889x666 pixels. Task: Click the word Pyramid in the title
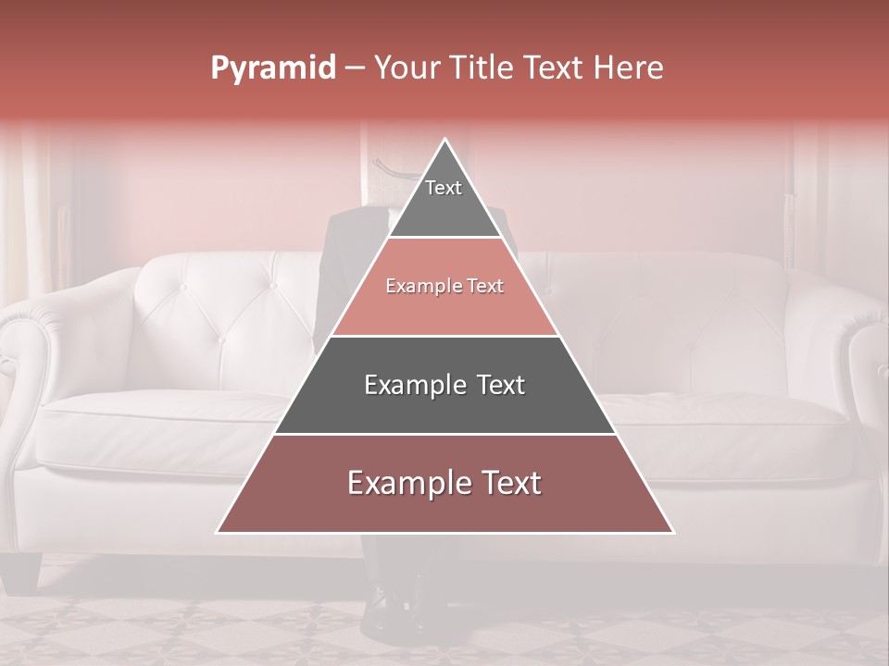(272, 68)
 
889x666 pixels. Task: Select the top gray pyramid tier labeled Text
(444, 199)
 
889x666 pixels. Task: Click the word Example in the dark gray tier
(412, 385)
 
